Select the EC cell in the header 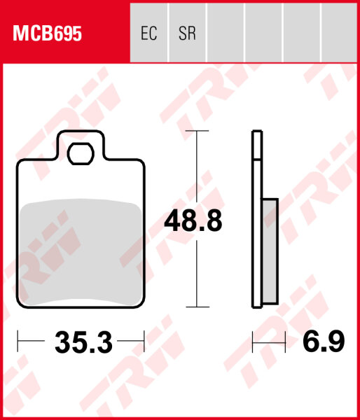(149, 34)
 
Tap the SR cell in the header (187, 34)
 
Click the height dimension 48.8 (193, 221)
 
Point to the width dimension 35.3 (83, 343)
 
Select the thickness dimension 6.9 (324, 343)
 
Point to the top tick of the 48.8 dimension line (198, 131)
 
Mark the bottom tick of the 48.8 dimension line (198, 307)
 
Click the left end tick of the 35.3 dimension (18, 342)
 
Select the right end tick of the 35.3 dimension (144, 342)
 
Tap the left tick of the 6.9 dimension (253, 342)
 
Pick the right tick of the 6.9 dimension (286, 342)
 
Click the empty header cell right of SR (225, 34)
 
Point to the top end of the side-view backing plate (257, 133)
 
